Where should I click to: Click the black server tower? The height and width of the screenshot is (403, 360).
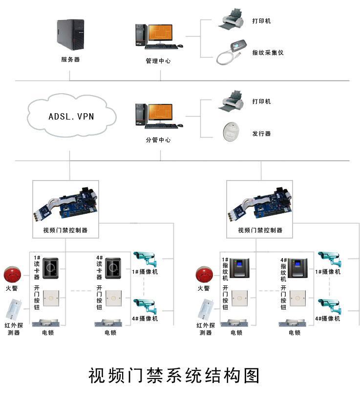click(x=70, y=35)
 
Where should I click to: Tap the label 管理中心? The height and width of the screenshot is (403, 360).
click(x=158, y=61)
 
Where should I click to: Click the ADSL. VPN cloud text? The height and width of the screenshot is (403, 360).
click(x=71, y=117)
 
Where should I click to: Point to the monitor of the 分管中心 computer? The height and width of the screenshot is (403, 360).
click(x=160, y=112)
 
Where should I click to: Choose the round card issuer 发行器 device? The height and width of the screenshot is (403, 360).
click(x=231, y=132)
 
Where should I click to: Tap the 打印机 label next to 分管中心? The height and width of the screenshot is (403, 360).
click(x=261, y=101)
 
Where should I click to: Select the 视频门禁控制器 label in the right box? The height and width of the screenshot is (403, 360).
click(x=260, y=230)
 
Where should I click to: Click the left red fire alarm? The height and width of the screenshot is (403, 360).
click(x=12, y=275)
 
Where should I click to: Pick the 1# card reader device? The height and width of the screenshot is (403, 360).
click(x=50, y=268)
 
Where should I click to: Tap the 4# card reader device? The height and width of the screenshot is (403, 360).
click(x=113, y=268)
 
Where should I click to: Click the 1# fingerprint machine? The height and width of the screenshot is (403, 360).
click(x=239, y=268)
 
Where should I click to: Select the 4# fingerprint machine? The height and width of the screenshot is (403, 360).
click(x=298, y=268)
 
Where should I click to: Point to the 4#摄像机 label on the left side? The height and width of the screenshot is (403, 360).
click(x=145, y=319)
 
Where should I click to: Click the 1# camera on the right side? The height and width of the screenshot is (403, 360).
click(x=330, y=259)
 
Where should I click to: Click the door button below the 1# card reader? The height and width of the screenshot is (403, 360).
click(x=51, y=298)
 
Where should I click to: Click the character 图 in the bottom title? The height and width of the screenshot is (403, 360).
click(x=252, y=376)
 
